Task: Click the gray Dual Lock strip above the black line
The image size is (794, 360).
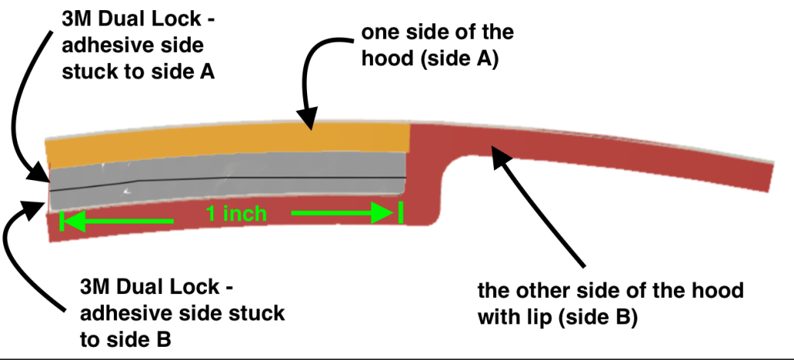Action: coord(233,167)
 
